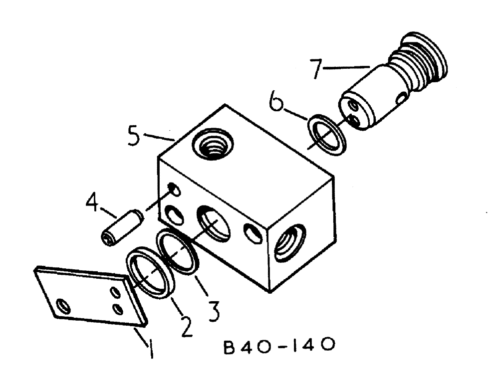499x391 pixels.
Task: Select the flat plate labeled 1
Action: point(90,296)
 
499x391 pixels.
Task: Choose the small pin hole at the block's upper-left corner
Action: point(173,189)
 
